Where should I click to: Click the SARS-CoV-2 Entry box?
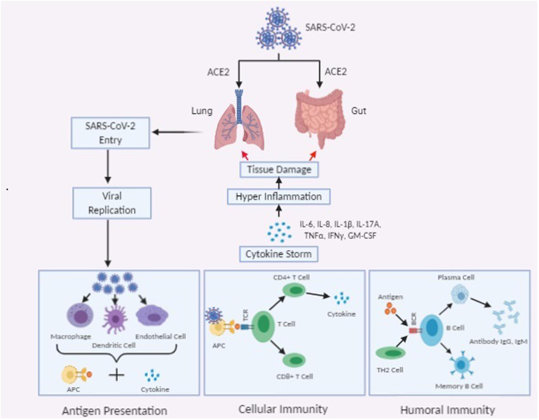(110, 133)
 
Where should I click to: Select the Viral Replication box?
(112, 203)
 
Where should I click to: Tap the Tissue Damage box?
(279, 169)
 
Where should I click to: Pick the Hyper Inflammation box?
(279, 197)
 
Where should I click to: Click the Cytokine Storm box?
(279, 254)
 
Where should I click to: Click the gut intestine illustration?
(320, 116)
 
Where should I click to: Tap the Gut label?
(359, 111)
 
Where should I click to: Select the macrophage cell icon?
(80, 315)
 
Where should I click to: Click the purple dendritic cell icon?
(115, 319)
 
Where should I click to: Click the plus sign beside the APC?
(116, 375)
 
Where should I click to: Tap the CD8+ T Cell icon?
(294, 360)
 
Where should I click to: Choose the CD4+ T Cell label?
(291, 277)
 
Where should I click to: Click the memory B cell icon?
(461, 365)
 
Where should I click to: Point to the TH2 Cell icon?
(391, 353)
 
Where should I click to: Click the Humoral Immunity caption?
(448, 410)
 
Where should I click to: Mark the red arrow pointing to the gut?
(313, 156)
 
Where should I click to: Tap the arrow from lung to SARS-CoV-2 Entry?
(177, 132)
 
